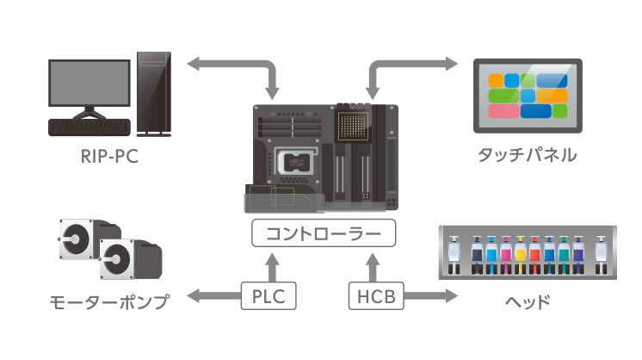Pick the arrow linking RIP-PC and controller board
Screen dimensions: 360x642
tap(232, 65)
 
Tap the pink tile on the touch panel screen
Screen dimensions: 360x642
tap(503, 111)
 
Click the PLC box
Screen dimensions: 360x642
tap(269, 297)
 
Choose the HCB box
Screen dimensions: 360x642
tap(374, 297)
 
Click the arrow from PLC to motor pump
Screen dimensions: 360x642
tap(212, 297)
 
